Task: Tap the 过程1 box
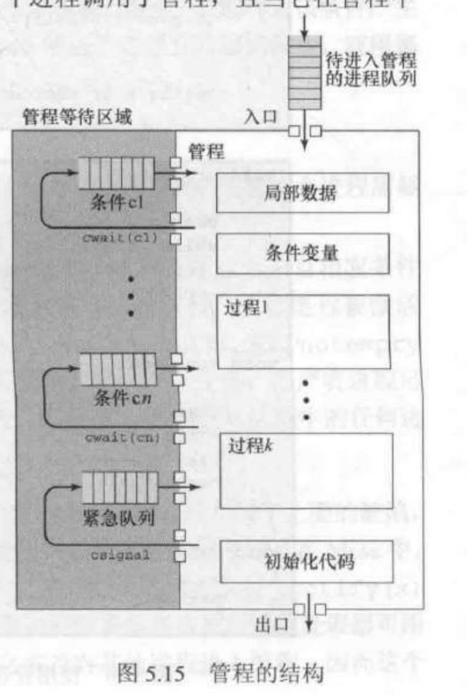[x=304, y=331]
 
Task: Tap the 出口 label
[x=272, y=627]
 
